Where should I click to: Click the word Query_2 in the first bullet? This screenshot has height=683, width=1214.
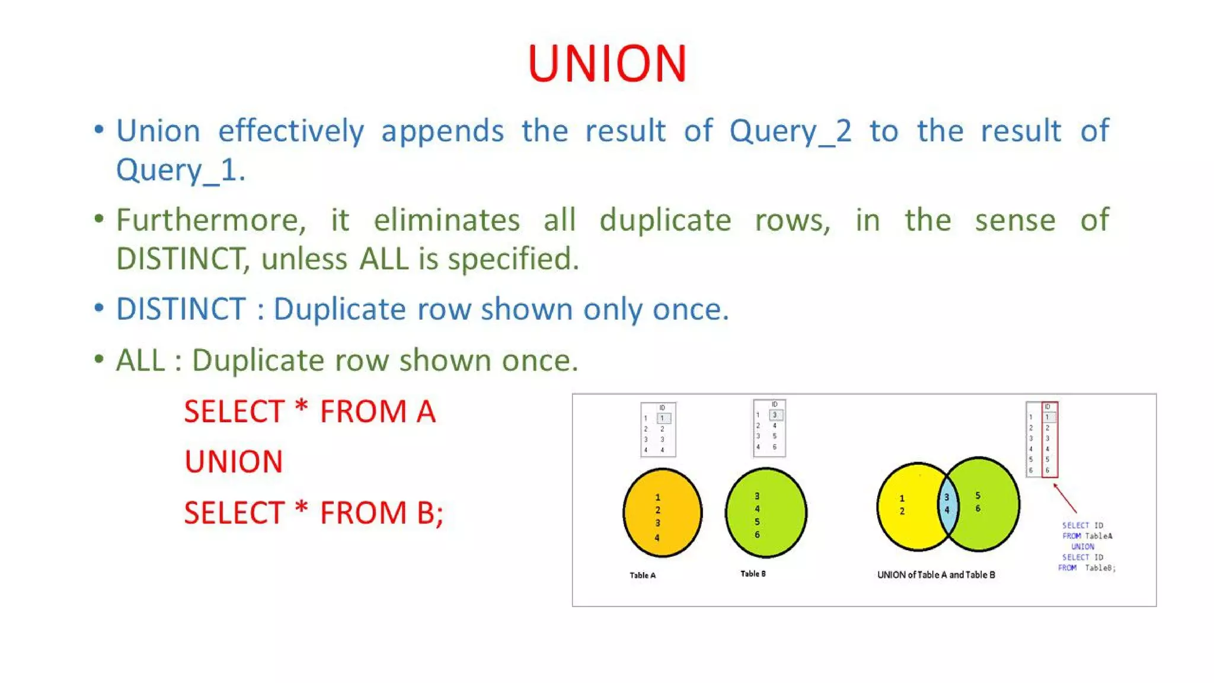tap(790, 132)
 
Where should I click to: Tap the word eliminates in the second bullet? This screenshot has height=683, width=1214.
tap(446, 221)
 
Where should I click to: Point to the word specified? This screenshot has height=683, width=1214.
tap(513, 259)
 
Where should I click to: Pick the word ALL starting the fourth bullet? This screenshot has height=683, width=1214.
tap(140, 360)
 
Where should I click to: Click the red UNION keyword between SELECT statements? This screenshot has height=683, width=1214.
tap(234, 462)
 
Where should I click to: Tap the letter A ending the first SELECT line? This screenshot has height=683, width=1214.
tap(426, 411)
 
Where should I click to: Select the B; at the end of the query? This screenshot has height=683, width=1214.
tap(430, 513)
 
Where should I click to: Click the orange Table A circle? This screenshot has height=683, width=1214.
tap(662, 513)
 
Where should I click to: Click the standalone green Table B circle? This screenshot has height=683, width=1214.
tap(766, 513)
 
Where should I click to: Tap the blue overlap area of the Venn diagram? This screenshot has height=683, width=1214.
tap(947, 504)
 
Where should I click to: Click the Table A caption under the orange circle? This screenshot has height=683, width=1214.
tap(643, 575)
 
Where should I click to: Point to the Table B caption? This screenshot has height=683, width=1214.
tap(753, 574)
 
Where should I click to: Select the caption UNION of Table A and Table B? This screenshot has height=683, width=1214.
tap(936, 575)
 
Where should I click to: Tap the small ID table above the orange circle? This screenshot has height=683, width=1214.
tap(658, 430)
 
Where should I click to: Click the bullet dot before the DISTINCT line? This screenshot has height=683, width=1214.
tap(99, 308)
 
